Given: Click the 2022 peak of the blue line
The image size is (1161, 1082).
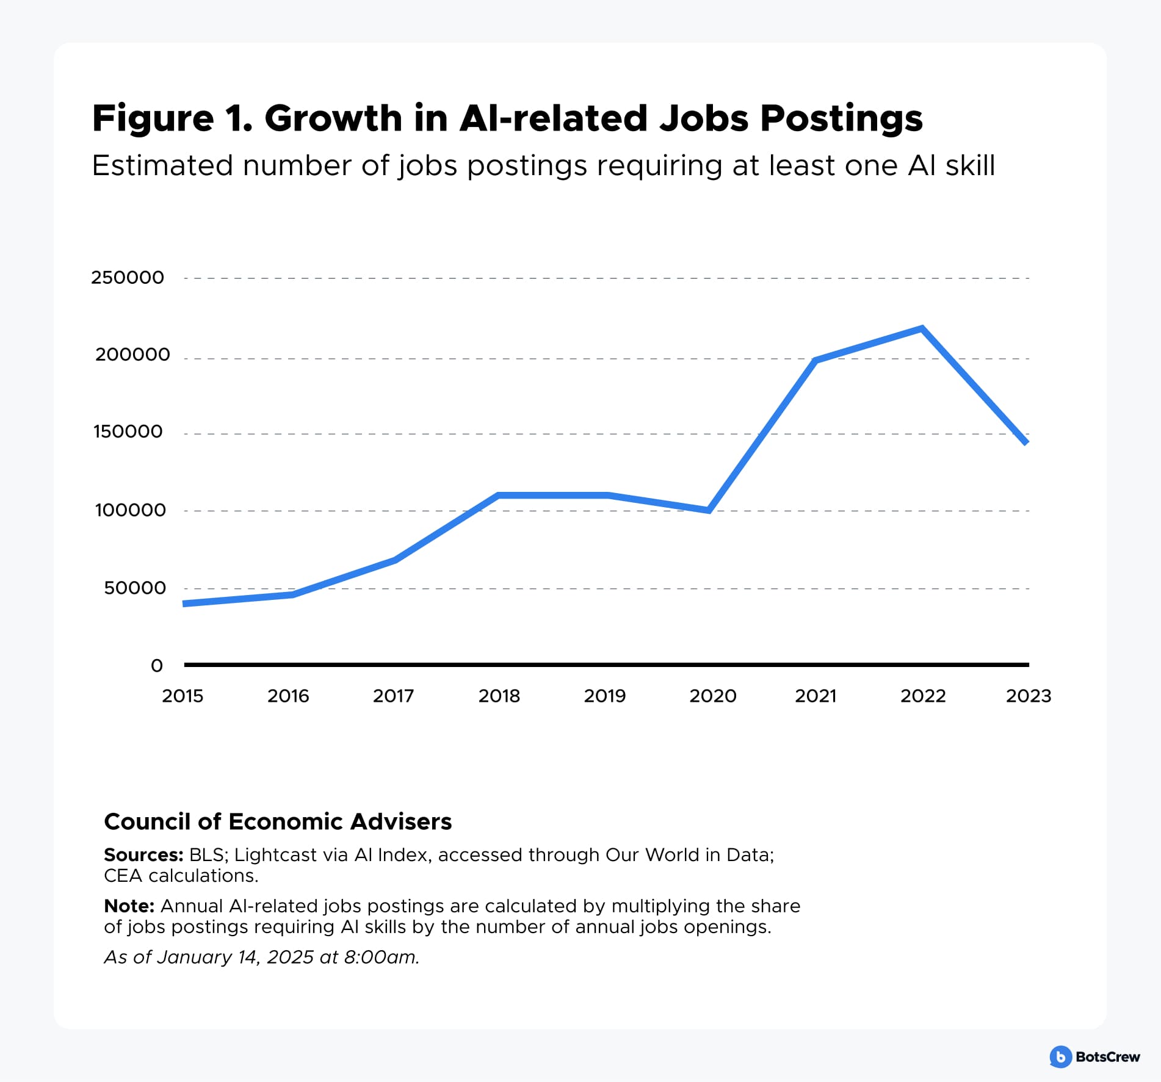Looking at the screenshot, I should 921,329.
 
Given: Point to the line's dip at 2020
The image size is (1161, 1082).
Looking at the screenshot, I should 709,510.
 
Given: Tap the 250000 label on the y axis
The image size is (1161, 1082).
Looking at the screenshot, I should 128,278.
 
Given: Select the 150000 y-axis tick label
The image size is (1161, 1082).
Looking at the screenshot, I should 128,431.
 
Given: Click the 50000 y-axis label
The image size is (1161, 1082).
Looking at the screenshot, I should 135,588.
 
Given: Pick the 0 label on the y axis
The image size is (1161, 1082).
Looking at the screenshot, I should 157,665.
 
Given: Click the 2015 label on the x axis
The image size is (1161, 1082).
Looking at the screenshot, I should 183,696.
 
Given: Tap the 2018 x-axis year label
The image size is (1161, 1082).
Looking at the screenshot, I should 499,696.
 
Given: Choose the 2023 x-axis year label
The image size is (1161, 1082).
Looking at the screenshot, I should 1028,696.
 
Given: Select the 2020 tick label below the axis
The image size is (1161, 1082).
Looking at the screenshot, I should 712,696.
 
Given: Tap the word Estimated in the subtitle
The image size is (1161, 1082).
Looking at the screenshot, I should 162,165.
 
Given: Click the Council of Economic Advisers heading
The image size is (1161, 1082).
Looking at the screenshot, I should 278,821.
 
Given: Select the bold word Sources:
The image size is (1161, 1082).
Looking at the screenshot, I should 143,854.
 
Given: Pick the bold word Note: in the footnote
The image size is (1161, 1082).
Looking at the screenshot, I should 129,906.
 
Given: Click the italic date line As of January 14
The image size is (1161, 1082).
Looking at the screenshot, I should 261,956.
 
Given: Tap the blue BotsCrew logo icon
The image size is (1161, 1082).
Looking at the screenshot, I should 1060,1056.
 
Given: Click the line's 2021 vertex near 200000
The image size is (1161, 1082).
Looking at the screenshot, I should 816,361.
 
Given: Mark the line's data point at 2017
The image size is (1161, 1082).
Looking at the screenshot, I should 395,560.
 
